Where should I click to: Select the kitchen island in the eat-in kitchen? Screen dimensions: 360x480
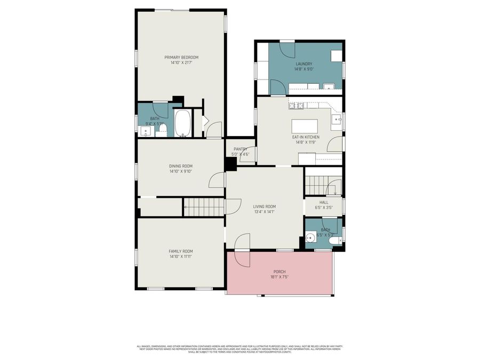(x=304, y=126)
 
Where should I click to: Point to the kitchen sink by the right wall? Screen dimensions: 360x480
(x=336, y=119)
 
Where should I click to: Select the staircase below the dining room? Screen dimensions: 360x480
(x=203, y=207)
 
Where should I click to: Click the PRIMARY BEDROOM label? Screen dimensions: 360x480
(x=181, y=58)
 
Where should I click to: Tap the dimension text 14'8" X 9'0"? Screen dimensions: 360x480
(x=304, y=69)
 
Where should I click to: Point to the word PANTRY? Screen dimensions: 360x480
(x=241, y=149)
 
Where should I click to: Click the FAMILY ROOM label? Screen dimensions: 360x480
(x=181, y=251)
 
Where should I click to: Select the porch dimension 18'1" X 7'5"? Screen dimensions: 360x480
(x=280, y=277)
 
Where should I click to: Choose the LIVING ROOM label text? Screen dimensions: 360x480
(x=265, y=206)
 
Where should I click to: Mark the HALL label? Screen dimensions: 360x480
(x=324, y=202)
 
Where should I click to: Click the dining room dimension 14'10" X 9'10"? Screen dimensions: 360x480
(x=180, y=171)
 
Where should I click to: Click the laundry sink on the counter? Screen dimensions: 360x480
(x=329, y=86)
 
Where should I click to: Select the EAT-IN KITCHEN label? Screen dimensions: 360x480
(x=306, y=137)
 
